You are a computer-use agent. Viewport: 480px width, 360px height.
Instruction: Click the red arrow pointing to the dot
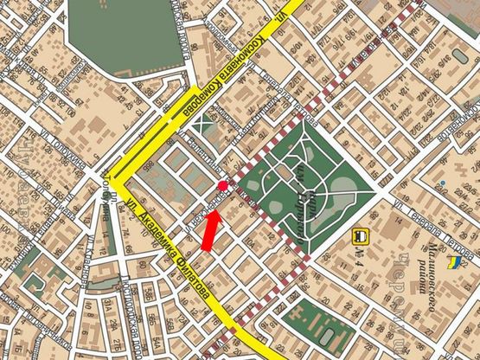click(210, 229)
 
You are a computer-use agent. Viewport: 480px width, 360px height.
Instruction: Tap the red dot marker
click(223, 186)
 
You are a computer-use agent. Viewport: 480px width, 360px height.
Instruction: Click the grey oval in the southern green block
click(329, 332)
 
